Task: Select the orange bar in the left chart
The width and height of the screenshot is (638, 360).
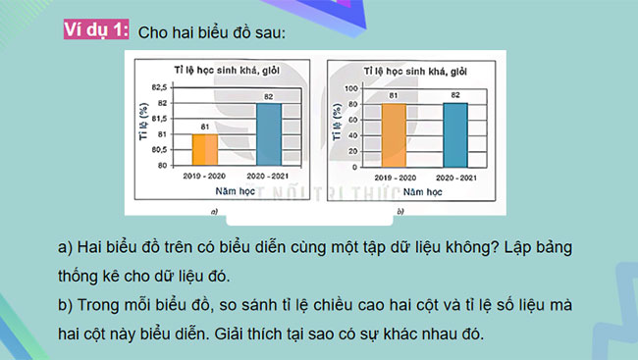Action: (205, 149)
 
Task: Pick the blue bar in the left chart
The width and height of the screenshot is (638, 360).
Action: (268, 133)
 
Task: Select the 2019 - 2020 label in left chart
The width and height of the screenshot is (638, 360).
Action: (205, 175)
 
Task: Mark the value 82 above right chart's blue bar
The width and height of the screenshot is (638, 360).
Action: (454, 95)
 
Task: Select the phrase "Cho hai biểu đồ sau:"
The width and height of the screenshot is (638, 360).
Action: (212, 33)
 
